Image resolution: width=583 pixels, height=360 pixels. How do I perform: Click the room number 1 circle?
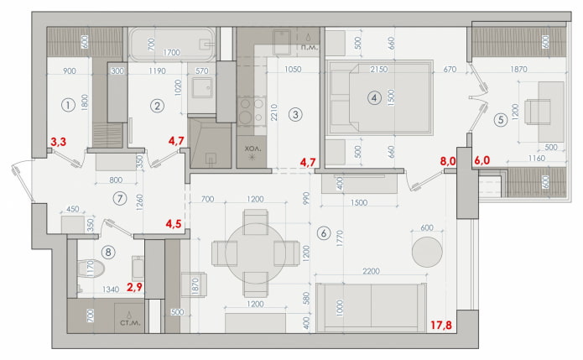(66, 105)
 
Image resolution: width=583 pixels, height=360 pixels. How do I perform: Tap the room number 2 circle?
(157, 105)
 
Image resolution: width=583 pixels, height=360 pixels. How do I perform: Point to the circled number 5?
(501, 119)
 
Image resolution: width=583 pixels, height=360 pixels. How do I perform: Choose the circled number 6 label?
(323, 232)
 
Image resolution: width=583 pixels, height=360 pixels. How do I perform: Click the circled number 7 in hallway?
(122, 198)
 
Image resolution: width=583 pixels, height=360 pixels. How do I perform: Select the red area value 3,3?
(59, 143)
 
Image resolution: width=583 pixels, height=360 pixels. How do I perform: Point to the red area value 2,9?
(134, 287)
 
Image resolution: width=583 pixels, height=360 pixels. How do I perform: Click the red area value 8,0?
(447, 158)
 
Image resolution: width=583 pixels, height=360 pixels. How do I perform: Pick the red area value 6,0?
(483, 158)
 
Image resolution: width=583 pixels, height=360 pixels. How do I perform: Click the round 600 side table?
(426, 251)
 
